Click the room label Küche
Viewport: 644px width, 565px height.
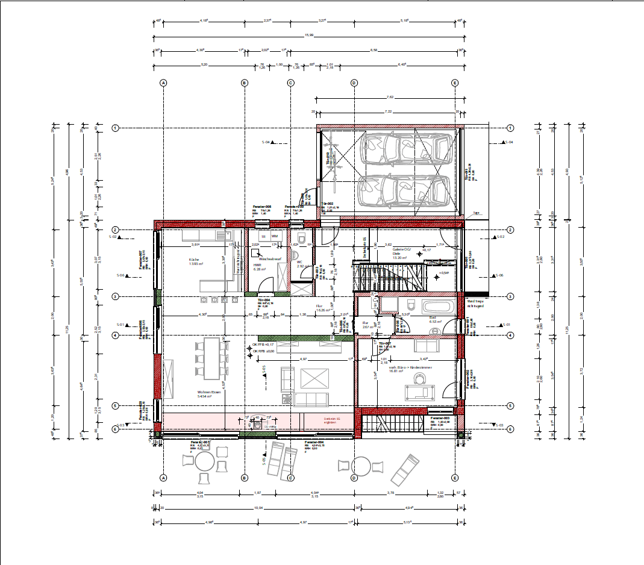coord(194,260)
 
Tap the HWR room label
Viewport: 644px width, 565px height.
coord(256,264)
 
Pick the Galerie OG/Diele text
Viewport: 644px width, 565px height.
coord(402,251)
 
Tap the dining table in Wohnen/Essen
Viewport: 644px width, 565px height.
coord(213,358)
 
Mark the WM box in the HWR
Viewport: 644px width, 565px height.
coord(274,237)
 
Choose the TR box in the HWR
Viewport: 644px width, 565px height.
coord(263,237)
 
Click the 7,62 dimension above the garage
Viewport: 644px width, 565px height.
coord(390,96)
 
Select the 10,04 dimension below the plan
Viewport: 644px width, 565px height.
coord(260,508)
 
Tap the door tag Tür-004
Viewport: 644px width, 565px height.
coord(263,299)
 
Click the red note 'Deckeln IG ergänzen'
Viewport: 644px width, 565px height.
coord(332,420)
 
